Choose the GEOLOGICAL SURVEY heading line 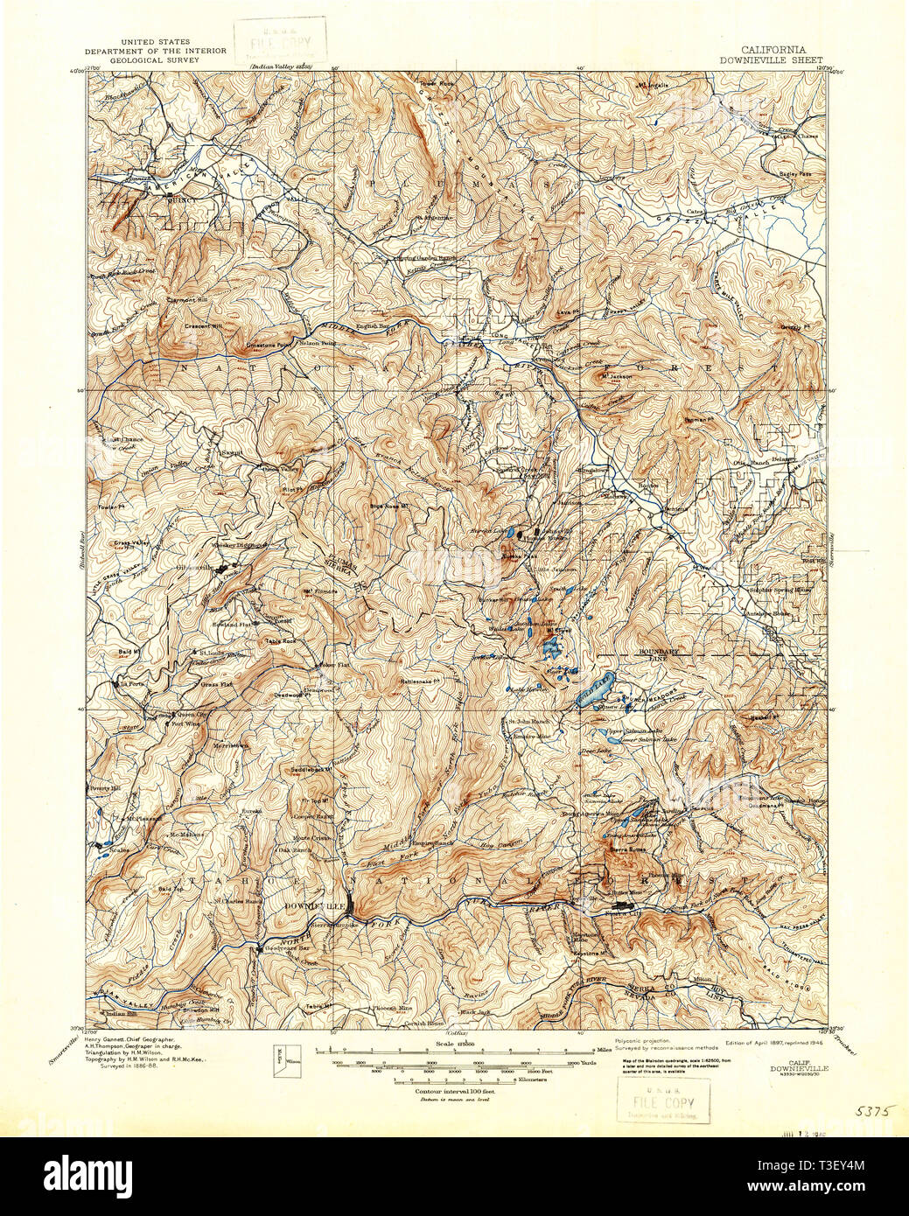pyautogui.click(x=154, y=59)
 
